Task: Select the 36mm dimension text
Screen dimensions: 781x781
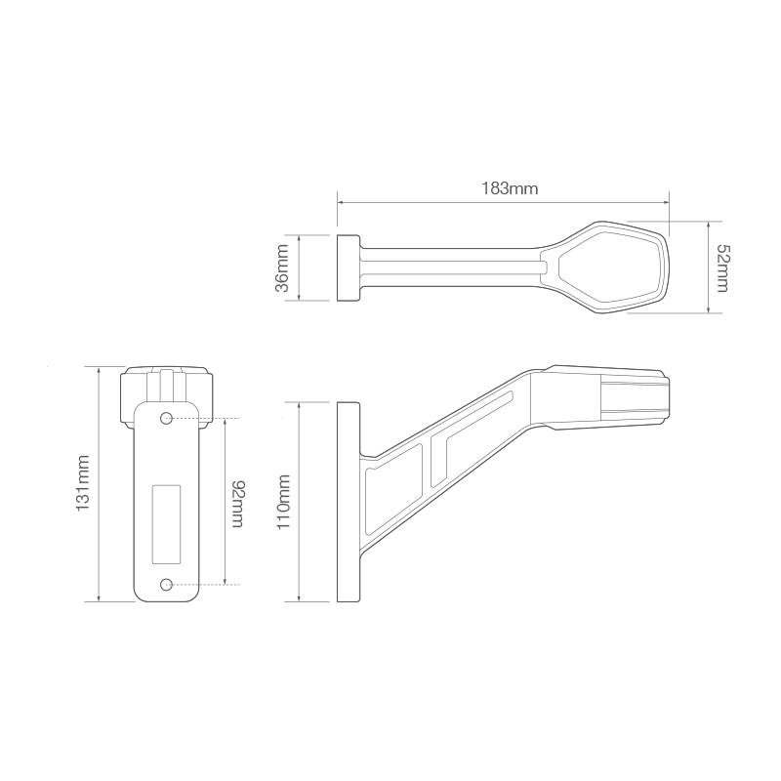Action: pos(282,267)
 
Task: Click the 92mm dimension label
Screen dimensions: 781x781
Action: pos(235,502)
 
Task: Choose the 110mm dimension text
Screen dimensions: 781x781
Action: pos(283,501)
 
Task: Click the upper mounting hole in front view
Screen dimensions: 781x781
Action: pos(167,419)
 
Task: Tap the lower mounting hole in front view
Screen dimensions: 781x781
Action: pos(167,584)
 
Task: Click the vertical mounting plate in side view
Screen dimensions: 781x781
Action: pos(347,501)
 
